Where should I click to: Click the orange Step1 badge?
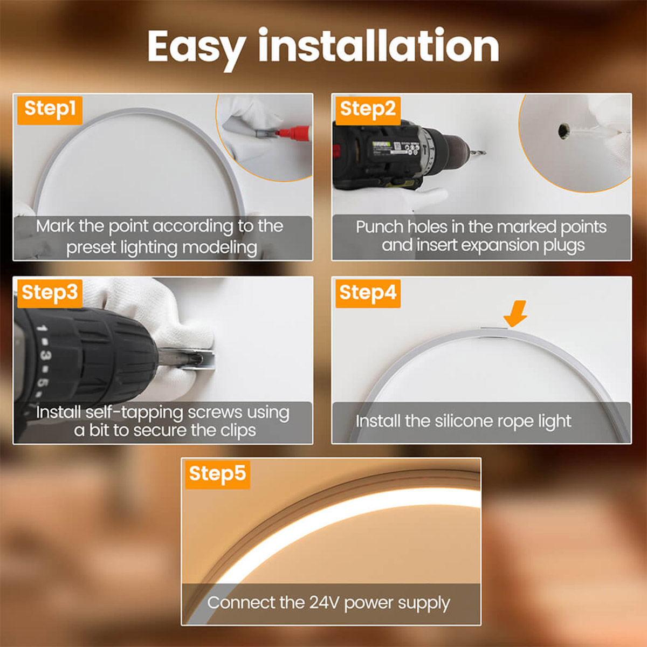(x=50, y=109)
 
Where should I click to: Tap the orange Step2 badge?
(x=368, y=109)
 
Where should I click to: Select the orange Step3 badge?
(x=49, y=293)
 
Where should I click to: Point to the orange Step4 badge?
(x=368, y=293)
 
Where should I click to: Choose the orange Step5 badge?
(x=217, y=474)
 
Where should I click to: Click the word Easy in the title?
(x=196, y=47)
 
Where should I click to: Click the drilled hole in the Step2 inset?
(x=564, y=130)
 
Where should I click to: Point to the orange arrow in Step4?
(x=515, y=313)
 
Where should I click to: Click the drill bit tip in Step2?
(x=481, y=153)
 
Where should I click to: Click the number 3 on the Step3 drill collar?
(x=43, y=356)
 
